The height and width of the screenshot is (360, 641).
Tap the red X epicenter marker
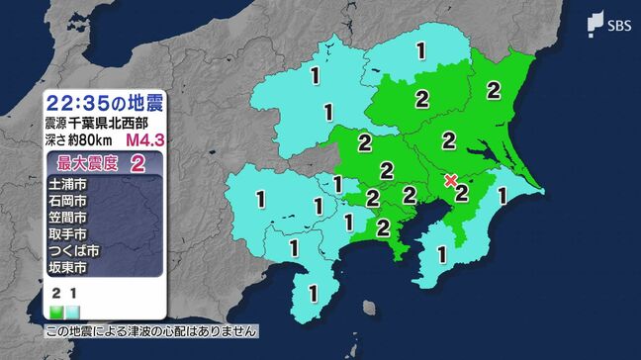click(x=451, y=181)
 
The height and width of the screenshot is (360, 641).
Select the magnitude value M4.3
click(x=145, y=139)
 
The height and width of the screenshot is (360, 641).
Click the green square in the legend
click(x=55, y=311)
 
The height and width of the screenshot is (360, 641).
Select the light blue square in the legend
click(x=71, y=311)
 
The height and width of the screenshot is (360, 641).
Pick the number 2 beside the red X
click(x=462, y=191)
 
